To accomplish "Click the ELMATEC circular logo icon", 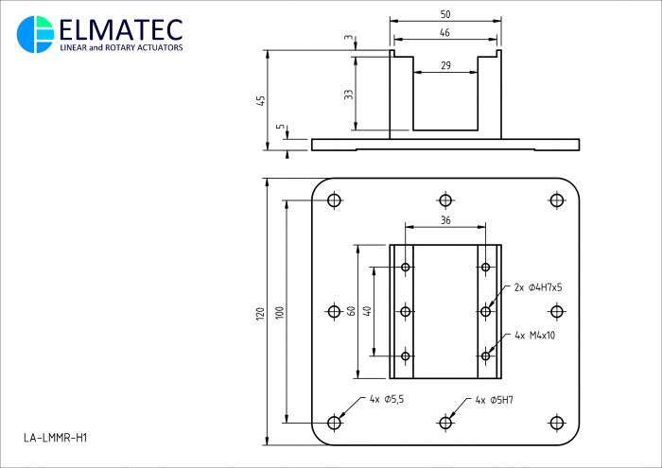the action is tap(36, 35).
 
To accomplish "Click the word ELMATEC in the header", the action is tap(121, 30).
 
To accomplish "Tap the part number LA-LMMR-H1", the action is tap(55, 438).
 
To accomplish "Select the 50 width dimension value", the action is tap(445, 14).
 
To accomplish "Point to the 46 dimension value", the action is tap(445, 32).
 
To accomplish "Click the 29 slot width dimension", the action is tap(445, 65).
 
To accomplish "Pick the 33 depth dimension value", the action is tap(349, 95).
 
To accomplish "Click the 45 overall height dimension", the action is tap(261, 100).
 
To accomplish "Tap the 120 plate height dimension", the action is tap(260, 314).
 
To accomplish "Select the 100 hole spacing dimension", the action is tap(280, 313).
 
